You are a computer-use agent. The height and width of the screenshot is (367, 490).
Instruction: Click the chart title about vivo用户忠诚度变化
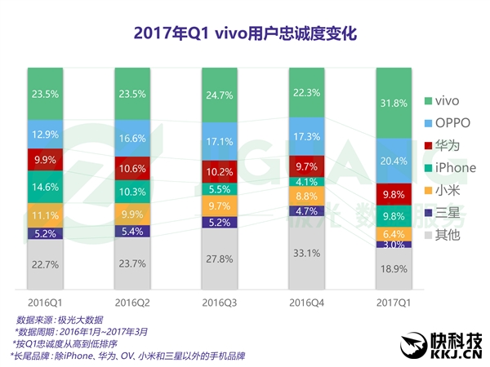[x=244, y=33]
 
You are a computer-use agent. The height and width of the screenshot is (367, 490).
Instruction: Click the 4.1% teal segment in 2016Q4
[x=306, y=181]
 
